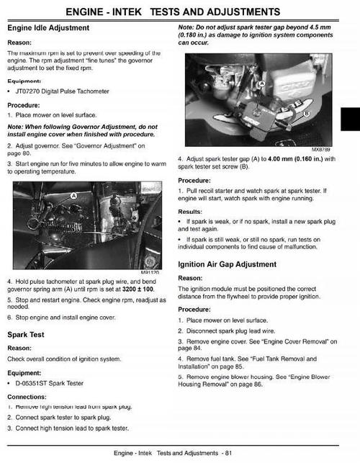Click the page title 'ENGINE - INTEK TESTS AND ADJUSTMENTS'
click(180, 12)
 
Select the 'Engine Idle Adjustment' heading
click(48, 28)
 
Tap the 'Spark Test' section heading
click(26, 335)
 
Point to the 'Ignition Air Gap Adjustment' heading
click(227, 264)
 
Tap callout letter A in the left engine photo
click(73, 196)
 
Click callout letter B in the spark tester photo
click(307, 113)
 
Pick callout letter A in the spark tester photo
click(261, 84)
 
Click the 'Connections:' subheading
click(27, 397)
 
